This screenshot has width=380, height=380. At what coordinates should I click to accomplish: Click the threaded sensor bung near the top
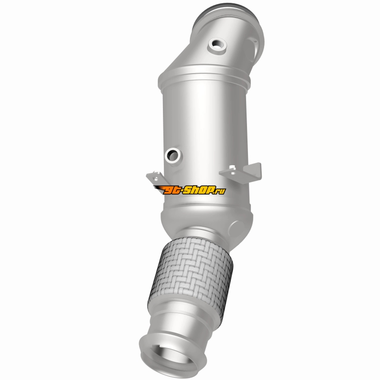point(217,46)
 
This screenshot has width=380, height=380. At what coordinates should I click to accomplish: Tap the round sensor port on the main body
point(173,155)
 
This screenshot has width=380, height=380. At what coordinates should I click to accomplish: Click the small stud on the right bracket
point(232,167)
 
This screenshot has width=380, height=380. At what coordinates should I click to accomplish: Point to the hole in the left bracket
point(156,179)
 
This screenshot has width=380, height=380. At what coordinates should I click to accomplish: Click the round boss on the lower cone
point(236,228)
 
